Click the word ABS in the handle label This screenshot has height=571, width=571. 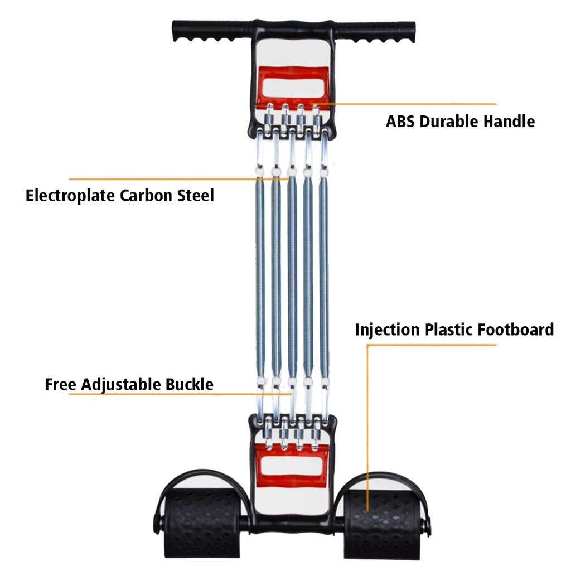click(400, 121)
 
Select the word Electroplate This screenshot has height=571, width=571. click(69, 196)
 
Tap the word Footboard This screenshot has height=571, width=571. click(516, 330)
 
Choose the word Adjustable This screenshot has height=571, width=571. click(122, 384)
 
